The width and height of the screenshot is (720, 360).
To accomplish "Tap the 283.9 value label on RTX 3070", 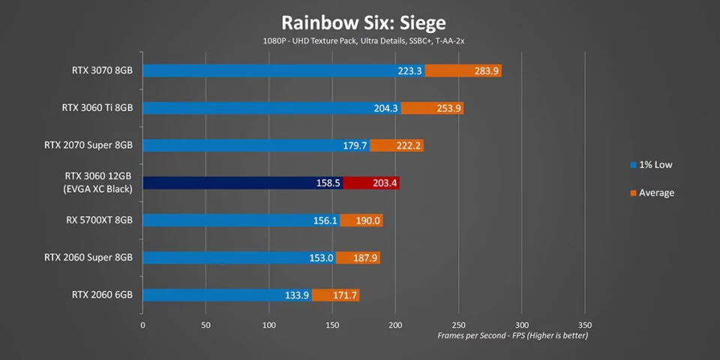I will coord(485,70).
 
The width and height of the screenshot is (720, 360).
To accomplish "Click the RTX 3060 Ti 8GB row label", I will coord(97,108).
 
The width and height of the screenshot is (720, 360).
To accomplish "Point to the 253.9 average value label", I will coord(447,108).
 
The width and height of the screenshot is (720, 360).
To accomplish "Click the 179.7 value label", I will coord(355,145).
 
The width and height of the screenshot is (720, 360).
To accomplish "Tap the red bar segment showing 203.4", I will coord(371,183).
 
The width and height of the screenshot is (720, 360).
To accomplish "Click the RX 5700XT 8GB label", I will coord(99,220).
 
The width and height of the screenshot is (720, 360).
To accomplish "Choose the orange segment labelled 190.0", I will coord(361,220).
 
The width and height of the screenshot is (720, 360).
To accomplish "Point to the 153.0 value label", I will coord(321,258).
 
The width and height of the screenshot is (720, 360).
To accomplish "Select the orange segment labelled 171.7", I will coord(336,295).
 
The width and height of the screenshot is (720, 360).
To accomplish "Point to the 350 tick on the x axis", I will coord(586,325).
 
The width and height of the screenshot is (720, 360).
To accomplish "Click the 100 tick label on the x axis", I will coord(269,325).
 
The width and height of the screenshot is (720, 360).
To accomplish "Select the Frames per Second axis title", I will coord(513,336).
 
